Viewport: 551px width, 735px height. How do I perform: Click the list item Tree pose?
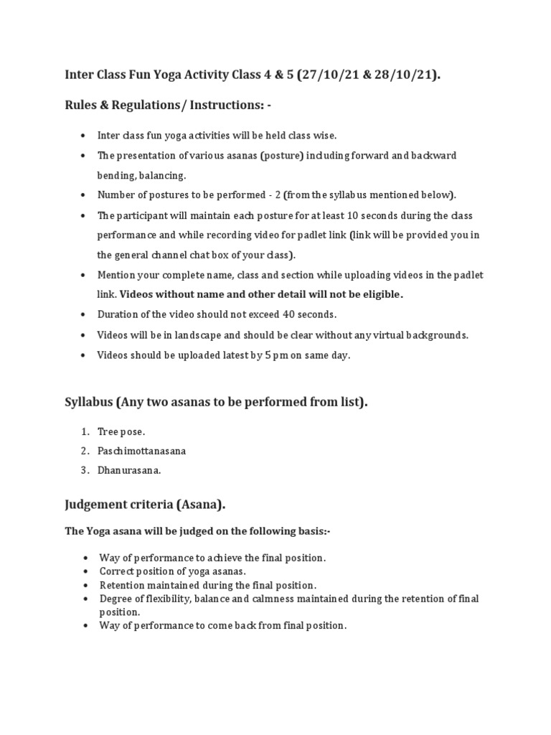click(x=121, y=431)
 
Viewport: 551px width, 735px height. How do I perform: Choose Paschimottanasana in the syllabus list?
click(x=141, y=451)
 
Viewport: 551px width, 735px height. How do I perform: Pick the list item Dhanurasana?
click(x=129, y=471)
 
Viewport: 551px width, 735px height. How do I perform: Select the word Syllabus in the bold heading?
click(x=89, y=403)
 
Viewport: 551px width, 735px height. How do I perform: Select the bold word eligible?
click(x=380, y=294)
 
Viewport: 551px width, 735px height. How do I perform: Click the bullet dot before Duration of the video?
click(x=85, y=314)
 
